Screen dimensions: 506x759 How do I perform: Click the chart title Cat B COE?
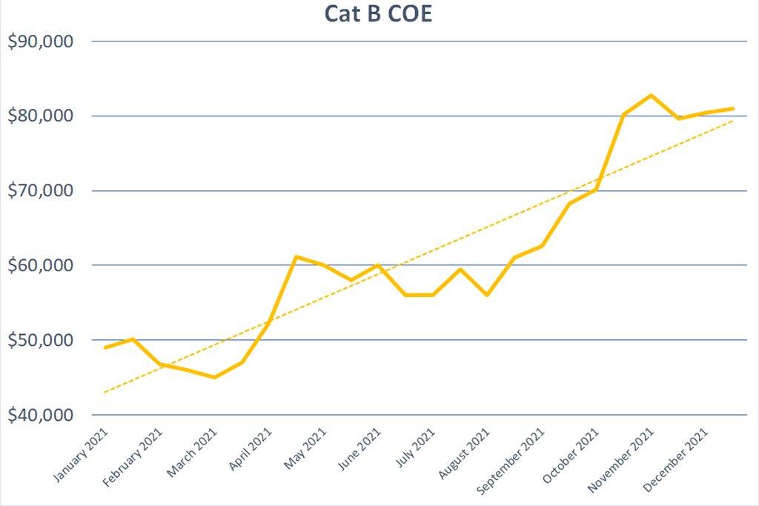[x=378, y=13]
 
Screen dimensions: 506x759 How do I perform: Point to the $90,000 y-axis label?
[x=41, y=41]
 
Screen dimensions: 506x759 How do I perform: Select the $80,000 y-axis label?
[x=41, y=116]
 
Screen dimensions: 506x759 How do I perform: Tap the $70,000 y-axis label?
[x=41, y=191]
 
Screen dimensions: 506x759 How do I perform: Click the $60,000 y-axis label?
[x=41, y=265]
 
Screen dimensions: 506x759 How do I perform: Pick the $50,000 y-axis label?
[x=41, y=340]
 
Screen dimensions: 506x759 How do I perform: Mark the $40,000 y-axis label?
[x=41, y=415]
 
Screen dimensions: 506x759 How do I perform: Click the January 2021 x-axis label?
[x=82, y=456]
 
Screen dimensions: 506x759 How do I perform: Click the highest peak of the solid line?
[x=651, y=95]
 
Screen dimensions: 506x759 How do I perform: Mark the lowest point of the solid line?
[x=214, y=377]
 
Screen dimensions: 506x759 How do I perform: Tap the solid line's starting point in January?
[x=105, y=347]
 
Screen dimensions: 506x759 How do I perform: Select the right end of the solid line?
[x=733, y=108]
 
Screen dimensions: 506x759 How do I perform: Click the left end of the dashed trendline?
[x=105, y=392]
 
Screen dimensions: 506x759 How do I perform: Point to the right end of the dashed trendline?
[x=733, y=120]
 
